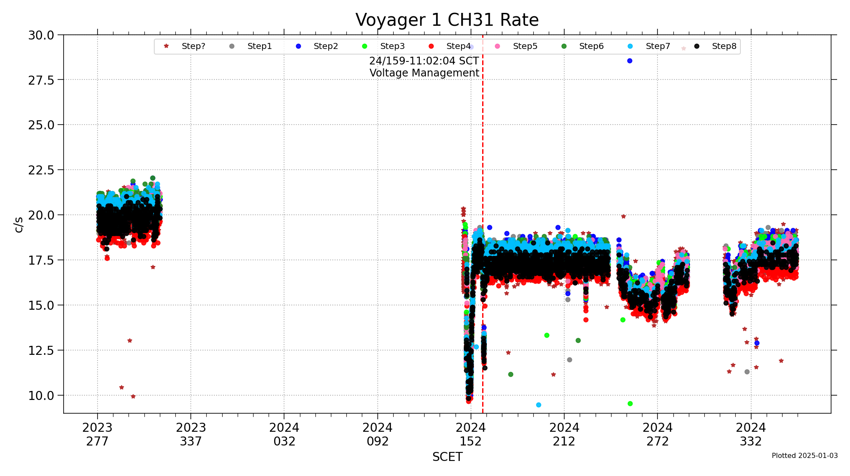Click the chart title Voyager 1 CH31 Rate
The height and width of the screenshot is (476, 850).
click(x=447, y=20)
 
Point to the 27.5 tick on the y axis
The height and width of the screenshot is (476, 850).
click(x=41, y=80)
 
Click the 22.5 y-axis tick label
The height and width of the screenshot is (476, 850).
click(x=41, y=170)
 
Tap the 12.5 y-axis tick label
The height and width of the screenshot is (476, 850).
click(x=41, y=351)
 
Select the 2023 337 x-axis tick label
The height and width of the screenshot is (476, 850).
click(x=191, y=434)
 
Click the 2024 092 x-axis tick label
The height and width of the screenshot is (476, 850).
click(x=377, y=434)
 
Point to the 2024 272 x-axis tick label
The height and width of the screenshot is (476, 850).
click(x=657, y=434)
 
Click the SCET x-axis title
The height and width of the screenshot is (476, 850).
click(x=447, y=457)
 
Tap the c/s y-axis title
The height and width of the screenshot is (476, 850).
click(x=18, y=224)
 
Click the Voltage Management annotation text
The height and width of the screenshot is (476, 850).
click(x=424, y=73)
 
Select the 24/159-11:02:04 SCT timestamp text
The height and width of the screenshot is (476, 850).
click(x=424, y=61)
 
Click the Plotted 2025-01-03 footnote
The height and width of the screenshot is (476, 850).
click(x=804, y=455)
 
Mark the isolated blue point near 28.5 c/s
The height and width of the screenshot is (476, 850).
click(x=630, y=61)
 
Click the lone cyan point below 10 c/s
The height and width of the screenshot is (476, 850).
click(x=538, y=405)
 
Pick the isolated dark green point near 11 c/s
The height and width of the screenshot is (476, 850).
click(x=511, y=375)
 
